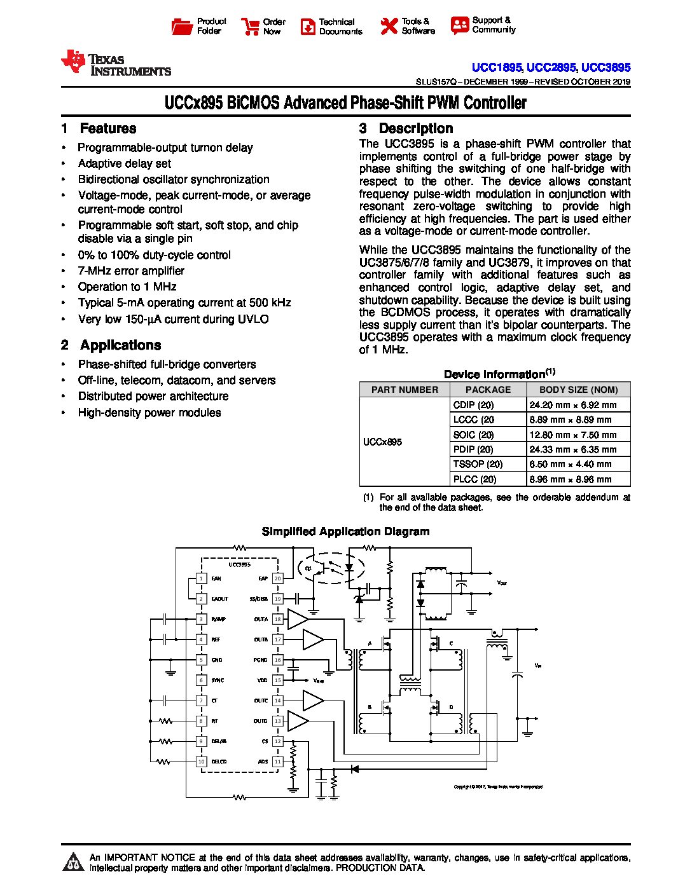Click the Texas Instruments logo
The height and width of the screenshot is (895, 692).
115,64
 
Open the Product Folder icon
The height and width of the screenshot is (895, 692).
182,27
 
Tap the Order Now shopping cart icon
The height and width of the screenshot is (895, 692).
250,27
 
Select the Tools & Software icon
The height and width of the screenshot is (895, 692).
389,26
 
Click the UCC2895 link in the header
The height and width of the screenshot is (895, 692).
551,67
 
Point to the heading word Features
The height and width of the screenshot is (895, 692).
107,128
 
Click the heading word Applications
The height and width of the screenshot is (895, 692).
120,345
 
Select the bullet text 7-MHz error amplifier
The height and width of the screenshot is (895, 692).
131,271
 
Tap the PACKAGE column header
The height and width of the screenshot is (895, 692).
488,390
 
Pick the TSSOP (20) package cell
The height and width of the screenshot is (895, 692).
478,464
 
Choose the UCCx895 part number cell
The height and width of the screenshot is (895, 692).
382,442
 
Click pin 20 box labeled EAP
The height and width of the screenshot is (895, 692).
277,578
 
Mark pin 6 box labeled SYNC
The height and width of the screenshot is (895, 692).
201,680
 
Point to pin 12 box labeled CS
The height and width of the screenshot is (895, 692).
277,741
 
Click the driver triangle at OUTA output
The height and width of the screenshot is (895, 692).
297,619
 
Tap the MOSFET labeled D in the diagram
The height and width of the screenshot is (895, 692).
438,707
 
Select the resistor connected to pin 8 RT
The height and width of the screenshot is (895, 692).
166,721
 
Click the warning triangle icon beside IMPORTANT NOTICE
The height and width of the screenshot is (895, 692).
74,861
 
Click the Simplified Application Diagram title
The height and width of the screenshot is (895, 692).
345,531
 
